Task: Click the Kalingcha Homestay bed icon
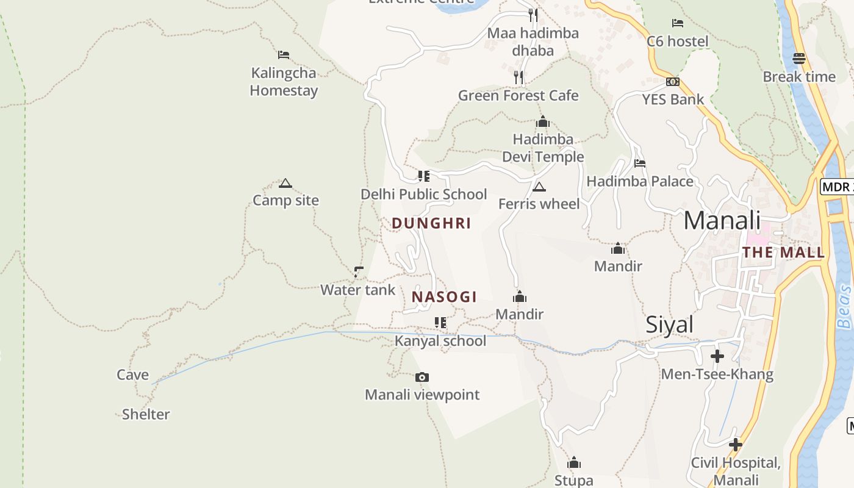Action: coord(284,55)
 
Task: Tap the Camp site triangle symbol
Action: coord(285,183)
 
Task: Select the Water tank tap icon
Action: coord(359,271)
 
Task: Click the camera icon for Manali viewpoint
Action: coord(422,378)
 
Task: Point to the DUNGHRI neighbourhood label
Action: coord(431,223)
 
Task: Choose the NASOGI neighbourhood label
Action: coord(444,297)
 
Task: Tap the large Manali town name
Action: coord(722,220)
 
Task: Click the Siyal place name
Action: coord(670,325)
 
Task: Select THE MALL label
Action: coord(783,253)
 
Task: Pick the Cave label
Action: coord(133,375)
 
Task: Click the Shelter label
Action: coord(146,414)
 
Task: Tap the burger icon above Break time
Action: coord(799,59)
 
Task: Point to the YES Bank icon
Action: coord(673,82)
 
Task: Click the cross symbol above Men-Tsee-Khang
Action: coord(717,356)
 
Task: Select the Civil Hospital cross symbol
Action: coord(736,445)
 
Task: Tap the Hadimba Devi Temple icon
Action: coord(543,122)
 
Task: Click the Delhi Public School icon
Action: coord(424,176)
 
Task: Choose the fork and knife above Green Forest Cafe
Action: coord(518,77)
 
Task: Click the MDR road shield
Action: coord(837,187)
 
